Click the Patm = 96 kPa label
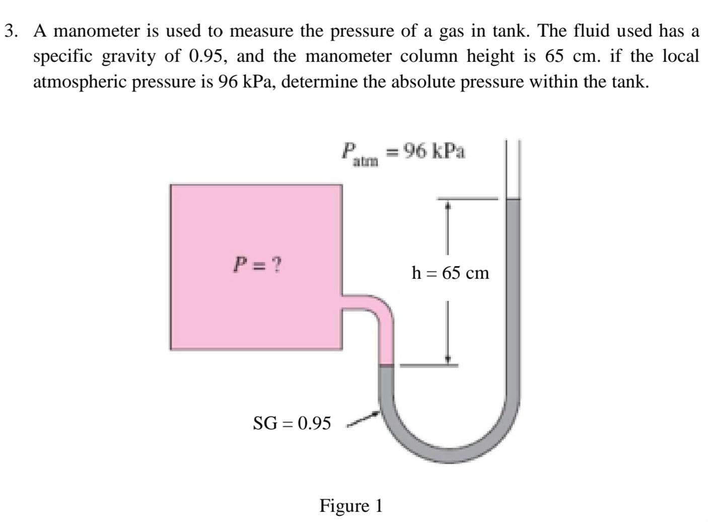tap(403, 152)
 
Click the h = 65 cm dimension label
tap(450, 273)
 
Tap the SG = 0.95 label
tap(292, 423)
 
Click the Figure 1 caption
tap(351, 505)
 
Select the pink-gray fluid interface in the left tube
tap(386, 364)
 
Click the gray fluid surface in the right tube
tap(513, 199)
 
